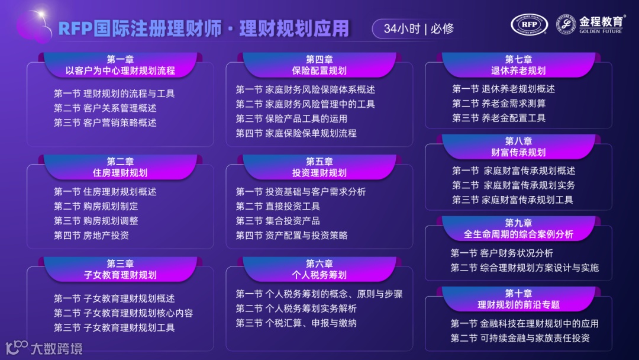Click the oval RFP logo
click(x=530, y=24)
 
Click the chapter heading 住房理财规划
click(x=120, y=173)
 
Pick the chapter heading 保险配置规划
click(x=319, y=71)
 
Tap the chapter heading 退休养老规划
click(x=518, y=71)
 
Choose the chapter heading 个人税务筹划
click(x=319, y=275)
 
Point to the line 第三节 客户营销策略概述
click(x=105, y=123)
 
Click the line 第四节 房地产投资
click(x=91, y=236)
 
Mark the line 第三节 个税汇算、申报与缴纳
click(x=296, y=323)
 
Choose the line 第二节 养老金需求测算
click(x=499, y=104)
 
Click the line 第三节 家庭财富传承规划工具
click(x=512, y=200)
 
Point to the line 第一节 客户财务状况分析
click(x=502, y=253)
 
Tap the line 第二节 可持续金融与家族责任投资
click(x=520, y=339)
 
